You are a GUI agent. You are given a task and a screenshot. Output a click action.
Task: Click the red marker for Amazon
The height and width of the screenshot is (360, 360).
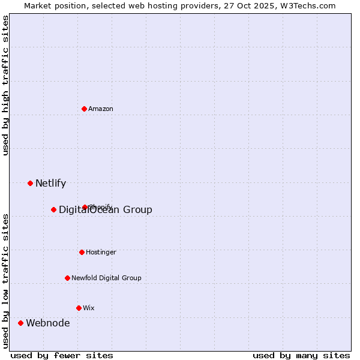pos(85,109)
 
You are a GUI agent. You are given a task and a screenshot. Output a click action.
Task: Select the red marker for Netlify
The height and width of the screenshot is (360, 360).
pos(30,183)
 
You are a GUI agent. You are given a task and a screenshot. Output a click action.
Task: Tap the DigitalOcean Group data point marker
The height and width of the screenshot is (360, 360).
pos(53,209)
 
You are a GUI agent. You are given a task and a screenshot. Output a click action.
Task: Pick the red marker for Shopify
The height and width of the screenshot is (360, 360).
pos(85,207)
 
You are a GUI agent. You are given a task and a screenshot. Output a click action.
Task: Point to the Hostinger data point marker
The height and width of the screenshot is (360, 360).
pos(82,252)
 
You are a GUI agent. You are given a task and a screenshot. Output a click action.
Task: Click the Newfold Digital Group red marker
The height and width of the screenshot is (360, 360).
pos(67,278)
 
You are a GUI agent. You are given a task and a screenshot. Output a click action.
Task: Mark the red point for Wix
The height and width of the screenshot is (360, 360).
pos(79,308)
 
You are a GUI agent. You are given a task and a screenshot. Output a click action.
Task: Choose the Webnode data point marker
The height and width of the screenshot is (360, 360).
pos(20,323)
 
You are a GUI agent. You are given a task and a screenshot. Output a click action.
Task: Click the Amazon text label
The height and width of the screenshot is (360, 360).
pos(101,109)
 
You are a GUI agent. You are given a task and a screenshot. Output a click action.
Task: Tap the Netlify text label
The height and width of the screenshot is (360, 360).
pos(50,184)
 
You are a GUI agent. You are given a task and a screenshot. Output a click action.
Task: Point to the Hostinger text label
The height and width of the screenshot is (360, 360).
pos(101,252)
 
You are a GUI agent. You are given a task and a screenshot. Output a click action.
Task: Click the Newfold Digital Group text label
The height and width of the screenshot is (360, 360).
pos(106,278)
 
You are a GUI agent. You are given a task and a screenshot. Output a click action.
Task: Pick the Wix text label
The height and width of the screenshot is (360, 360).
pos(89,308)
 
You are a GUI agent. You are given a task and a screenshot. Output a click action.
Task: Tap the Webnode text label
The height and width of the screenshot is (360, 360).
pos(47,323)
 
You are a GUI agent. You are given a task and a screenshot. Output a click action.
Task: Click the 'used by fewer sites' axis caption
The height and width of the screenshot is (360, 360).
pos(62,355)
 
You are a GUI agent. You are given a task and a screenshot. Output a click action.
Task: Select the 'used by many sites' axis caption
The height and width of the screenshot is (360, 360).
pos(301,355)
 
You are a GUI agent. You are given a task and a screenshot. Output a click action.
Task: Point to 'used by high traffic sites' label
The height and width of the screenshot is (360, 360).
pos(5,85)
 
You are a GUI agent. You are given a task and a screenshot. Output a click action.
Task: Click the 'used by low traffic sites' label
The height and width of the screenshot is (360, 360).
pos(5,281)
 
